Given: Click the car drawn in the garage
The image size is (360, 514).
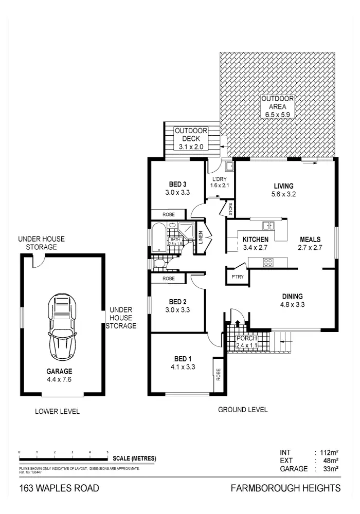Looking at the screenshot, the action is pos(62,328).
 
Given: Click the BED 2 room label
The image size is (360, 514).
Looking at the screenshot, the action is pos(177,302).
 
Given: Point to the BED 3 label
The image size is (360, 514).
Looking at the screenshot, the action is pos(177,185).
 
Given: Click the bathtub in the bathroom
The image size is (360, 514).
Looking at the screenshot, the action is pos(158,237).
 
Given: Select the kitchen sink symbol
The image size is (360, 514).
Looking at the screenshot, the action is pos(267,225).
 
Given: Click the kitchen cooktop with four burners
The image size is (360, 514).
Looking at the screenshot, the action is pos(268,262).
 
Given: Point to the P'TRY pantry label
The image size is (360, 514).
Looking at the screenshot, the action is pos(237,277).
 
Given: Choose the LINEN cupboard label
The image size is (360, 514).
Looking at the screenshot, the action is pos(201,237).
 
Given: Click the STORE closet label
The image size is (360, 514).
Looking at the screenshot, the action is pos(230,209).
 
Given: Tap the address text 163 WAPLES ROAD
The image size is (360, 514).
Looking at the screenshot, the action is pos(59,488).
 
